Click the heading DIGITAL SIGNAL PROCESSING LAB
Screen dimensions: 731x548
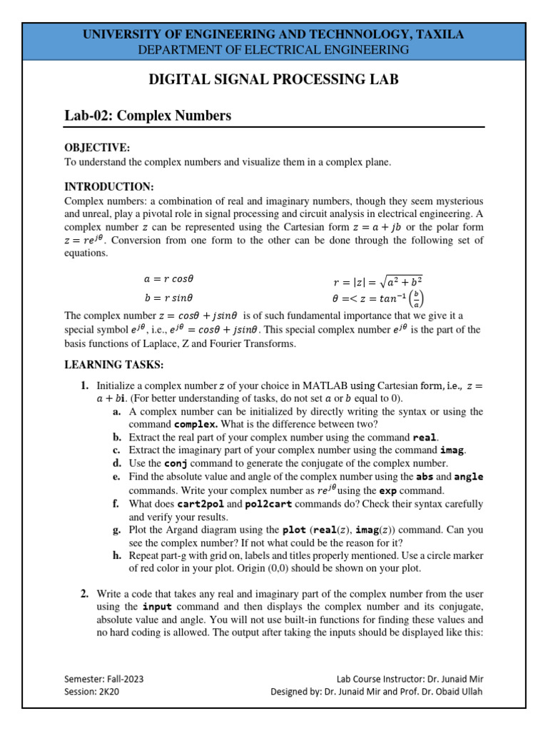273,79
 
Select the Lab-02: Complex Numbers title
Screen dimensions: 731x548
148,116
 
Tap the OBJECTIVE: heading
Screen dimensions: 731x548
97,147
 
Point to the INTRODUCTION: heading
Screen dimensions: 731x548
108,186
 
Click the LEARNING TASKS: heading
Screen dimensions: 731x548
114,365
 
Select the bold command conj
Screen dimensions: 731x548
176,464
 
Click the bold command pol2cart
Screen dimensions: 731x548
271,504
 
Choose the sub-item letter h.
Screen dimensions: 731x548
116,556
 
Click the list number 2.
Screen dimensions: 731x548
84,594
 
